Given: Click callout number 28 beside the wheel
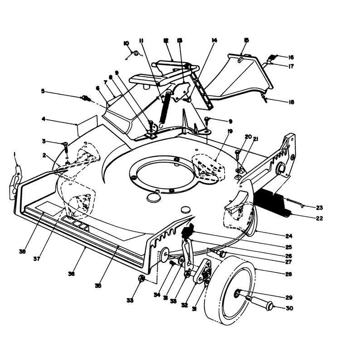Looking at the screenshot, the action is coord(289,274).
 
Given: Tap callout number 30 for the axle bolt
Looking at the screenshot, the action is coord(289,308).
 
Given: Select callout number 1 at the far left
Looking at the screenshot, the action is coord(15,154).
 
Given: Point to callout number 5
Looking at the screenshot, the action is coord(43,91).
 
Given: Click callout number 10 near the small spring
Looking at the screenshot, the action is coord(127,43).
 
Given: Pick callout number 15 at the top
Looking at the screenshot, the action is coord(246,40).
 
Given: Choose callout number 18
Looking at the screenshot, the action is coord(291,102).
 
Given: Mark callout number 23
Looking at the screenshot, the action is coord(319,208).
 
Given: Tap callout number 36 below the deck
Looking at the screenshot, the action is coord(71,274).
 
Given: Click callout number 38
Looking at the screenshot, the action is coord(22,251).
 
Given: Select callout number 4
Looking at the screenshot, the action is coord(43,119).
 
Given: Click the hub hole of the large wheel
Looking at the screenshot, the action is coord(237,294).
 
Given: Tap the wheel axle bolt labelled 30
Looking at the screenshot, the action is coord(259,302).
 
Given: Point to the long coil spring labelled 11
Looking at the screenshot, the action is coord(165,109).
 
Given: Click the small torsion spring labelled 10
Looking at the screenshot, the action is coord(136,54).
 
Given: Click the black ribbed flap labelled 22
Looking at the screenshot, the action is coord(273,202).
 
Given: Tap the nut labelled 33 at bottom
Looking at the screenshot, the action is coord(142,278).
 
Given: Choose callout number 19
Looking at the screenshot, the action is coord(230,132).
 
